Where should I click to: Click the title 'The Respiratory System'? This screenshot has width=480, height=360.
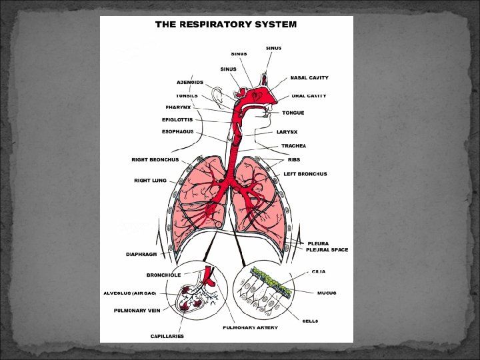click(x=226, y=24)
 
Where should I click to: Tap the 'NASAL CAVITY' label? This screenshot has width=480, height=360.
click(x=309, y=78)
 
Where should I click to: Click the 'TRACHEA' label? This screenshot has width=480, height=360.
click(x=293, y=145)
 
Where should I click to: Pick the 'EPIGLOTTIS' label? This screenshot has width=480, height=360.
click(x=177, y=120)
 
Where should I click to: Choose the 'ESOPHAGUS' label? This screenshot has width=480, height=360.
click(x=177, y=132)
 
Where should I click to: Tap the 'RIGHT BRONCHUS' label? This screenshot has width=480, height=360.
click(x=155, y=160)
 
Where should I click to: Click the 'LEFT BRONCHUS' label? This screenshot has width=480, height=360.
click(x=305, y=174)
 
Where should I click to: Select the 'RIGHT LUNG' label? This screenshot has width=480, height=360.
click(x=150, y=180)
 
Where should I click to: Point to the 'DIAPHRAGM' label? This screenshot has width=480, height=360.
click(x=142, y=254)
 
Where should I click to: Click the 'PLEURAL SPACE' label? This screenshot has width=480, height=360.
click(x=327, y=250)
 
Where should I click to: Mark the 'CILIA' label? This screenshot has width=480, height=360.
click(x=319, y=272)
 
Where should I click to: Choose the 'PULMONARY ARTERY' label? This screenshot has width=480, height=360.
click(x=250, y=327)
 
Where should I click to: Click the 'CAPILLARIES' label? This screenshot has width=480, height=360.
click(x=167, y=335)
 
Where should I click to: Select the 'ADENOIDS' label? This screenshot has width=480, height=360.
click(x=190, y=82)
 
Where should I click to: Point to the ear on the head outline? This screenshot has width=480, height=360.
click(x=219, y=96)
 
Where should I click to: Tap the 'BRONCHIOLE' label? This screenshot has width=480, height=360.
click(x=163, y=275)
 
